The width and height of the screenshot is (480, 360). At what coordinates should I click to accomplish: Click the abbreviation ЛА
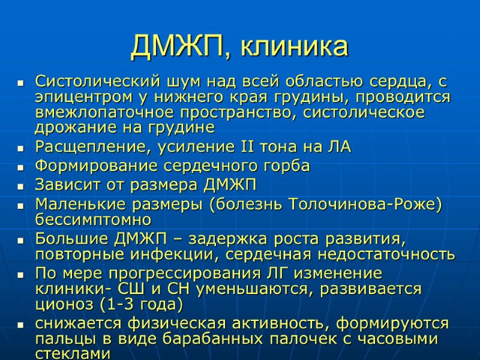click(338, 147)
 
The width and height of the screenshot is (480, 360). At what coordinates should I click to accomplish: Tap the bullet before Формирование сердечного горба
click(20, 167)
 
